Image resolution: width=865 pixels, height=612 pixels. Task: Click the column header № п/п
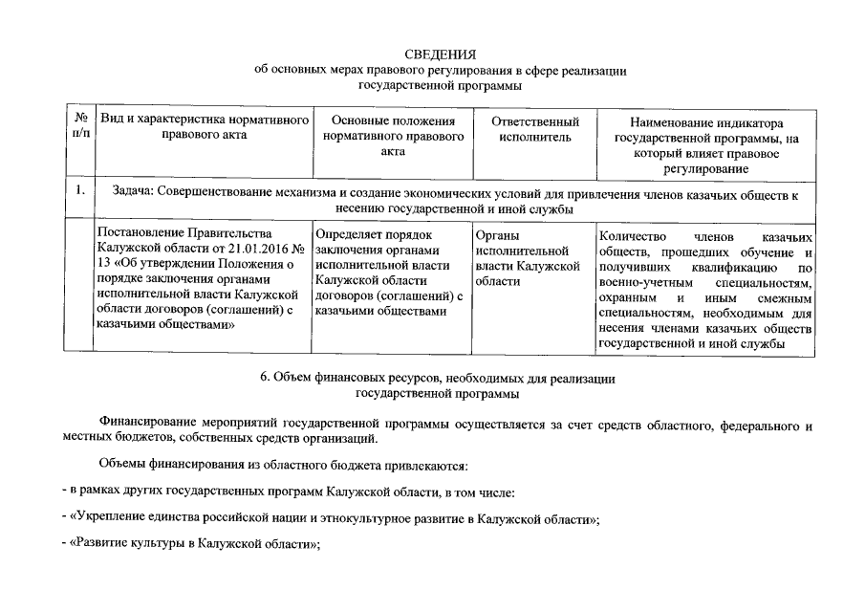click(x=81, y=129)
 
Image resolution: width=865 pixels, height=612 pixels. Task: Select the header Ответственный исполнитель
click(x=535, y=129)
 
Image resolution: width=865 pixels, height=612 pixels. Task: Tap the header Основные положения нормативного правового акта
click(x=393, y=137)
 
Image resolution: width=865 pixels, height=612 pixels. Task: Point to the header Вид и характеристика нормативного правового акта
click(x=205, y=128)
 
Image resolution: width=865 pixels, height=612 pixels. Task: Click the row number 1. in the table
click(x=81, y=189)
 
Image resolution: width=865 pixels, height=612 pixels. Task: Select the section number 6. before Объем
click(x=267, y=379)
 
